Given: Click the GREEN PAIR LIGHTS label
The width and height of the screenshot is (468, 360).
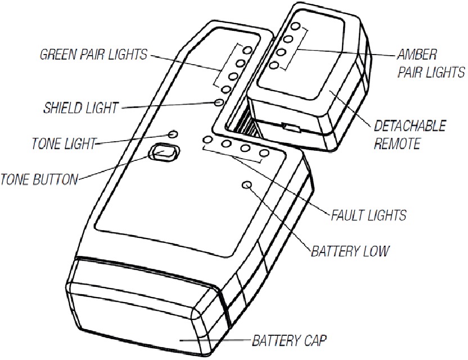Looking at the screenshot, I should (93, 55).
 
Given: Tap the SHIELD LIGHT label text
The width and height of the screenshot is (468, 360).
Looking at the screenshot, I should (82, 107).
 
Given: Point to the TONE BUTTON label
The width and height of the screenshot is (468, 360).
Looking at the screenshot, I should (39, 180).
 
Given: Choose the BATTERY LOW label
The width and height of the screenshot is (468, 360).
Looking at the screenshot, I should (349, 250).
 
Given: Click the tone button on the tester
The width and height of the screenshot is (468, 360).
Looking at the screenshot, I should (163, 152).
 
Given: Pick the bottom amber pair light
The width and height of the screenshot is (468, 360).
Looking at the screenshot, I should (274, 66).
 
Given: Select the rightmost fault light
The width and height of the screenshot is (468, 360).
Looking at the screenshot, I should (263, 154).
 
